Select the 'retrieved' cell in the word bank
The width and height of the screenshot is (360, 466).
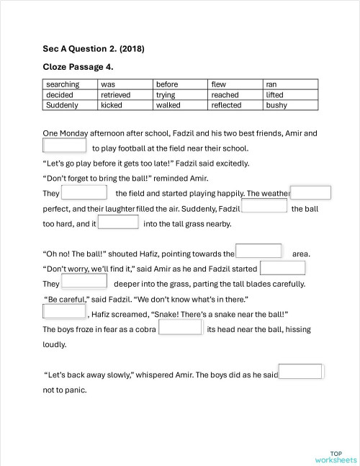(116, 94)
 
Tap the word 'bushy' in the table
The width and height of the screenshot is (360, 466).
(276, 104)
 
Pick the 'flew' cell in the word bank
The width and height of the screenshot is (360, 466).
(219, 84)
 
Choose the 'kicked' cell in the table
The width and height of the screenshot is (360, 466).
(112, 104)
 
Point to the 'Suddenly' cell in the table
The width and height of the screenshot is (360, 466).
(62, 104)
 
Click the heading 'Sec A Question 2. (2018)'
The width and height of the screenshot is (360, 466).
(93, 49)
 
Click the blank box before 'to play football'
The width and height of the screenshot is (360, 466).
(66, 147)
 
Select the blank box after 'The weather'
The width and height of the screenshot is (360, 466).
(310, 193)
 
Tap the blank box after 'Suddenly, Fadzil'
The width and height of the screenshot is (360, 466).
(264, 207)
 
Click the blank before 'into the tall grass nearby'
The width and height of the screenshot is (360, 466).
(118, 223)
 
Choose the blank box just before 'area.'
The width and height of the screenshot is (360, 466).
(259, 252)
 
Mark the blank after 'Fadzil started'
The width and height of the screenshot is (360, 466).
(282, 268)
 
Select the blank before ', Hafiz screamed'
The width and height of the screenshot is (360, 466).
(64, 312)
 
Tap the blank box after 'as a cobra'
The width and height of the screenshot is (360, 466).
(180, 328)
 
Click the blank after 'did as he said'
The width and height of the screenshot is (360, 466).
(300, 373)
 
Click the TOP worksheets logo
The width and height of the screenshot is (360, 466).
(335, 457)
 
